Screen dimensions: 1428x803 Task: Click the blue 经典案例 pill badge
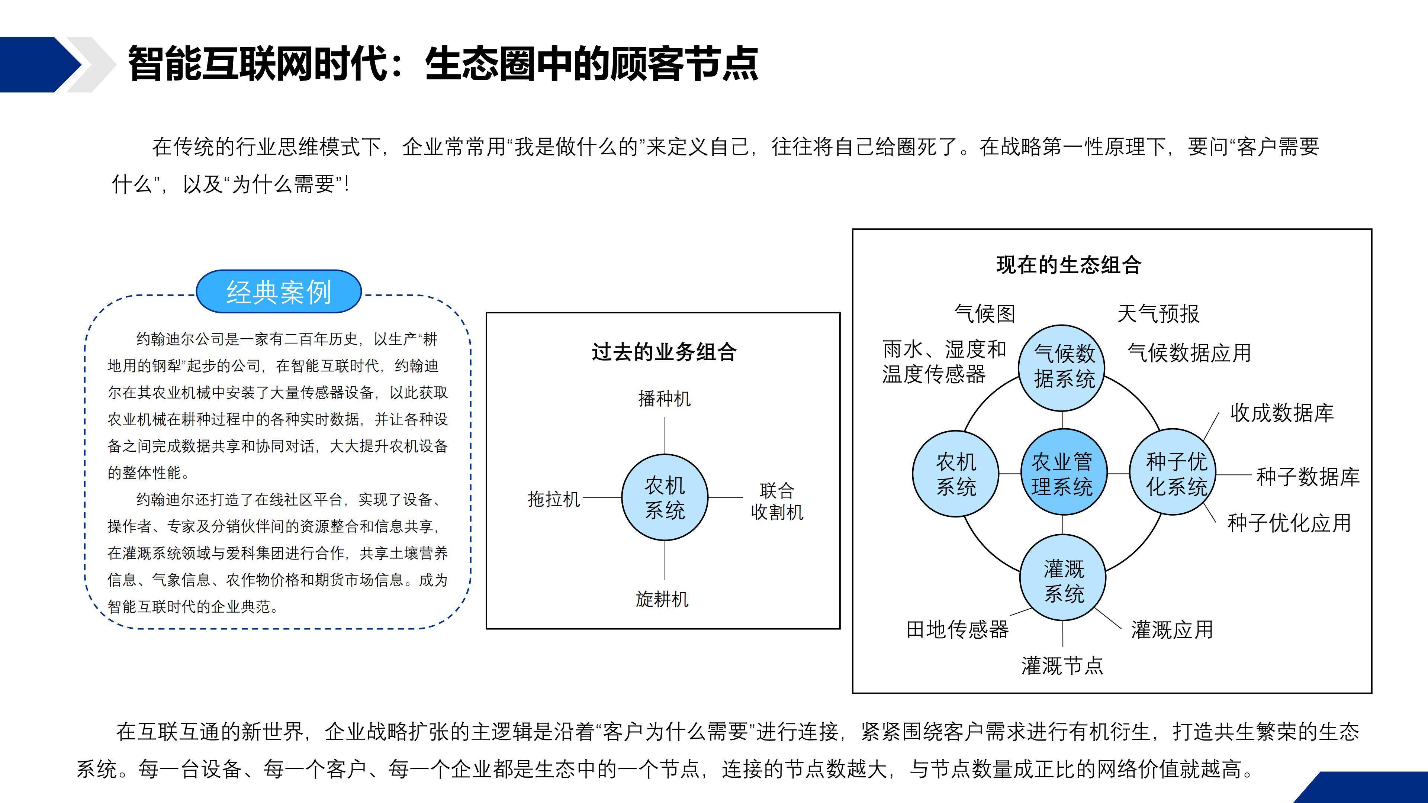(279, 291)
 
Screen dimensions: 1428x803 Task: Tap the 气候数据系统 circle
(1062, 368)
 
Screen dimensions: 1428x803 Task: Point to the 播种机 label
(664, 399)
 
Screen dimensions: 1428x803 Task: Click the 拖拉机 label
(553, 499)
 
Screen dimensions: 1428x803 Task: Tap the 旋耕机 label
(662, 599)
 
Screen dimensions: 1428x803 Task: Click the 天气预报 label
(1158, 314)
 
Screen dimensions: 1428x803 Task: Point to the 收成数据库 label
(1281, 413)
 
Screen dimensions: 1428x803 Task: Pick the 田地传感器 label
(957, 629)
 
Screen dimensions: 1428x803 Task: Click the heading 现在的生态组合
(1068, 265)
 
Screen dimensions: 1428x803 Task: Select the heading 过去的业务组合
(664, 352)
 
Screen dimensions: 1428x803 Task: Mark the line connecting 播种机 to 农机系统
(665, 436)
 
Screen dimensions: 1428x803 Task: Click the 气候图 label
(984, 314)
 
